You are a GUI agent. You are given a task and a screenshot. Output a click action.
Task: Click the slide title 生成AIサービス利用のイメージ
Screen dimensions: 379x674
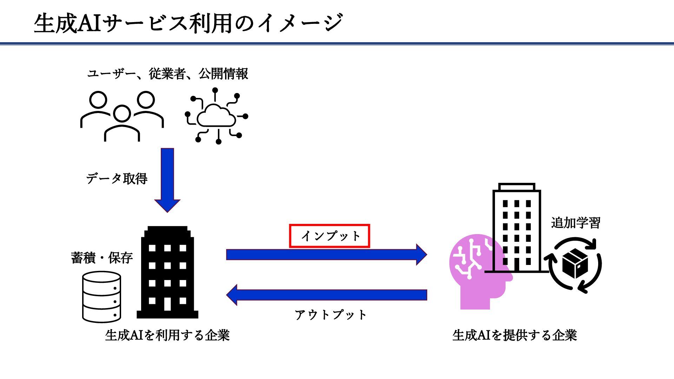pos(188,23)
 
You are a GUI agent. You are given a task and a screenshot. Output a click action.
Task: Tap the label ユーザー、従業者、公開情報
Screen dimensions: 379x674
pos(167,74)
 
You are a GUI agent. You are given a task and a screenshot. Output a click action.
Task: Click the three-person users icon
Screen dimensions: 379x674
pos(122,116)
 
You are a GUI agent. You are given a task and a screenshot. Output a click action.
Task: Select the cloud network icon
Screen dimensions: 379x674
pos(217,117)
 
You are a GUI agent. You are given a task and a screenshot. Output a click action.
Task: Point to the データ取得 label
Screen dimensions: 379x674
pos(117,179)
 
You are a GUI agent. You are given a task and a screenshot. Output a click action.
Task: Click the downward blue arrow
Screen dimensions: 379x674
pos(167,179)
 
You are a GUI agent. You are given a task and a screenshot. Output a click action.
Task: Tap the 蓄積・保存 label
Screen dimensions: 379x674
pos(102,258)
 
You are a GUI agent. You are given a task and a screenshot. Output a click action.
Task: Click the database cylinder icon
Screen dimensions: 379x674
pos(101,297)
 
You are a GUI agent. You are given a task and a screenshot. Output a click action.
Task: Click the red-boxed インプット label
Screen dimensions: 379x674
pos(330,236)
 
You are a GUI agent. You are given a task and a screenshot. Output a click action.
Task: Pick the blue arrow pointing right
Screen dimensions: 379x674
pos(326,254)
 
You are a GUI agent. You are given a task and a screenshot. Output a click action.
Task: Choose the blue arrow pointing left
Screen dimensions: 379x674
pos(326,295)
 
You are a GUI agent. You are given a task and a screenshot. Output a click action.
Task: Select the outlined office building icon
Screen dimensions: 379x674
pos(516,228)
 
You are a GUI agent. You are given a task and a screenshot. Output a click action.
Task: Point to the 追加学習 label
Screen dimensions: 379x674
pos(575,223)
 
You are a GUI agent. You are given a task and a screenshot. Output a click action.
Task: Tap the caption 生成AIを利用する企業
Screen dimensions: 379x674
pos(167,335)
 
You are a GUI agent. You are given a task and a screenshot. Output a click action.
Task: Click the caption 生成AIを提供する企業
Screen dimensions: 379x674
pos(515,335)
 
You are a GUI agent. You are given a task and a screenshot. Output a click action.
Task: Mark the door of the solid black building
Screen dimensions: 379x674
pos(167,304)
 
